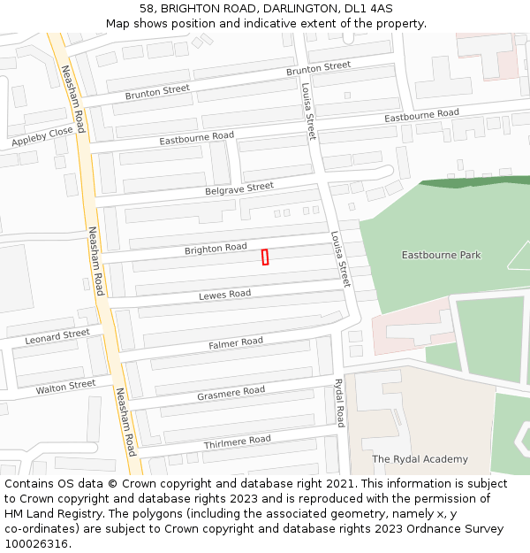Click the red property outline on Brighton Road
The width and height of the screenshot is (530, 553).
pos(265,257)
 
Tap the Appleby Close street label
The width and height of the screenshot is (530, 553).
pos(42,136)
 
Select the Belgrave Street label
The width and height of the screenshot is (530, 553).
pos(239,188)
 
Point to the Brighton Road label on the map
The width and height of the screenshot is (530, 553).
pos(216,249)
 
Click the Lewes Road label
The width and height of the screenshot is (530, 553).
pos(224,295)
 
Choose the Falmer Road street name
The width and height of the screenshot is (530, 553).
pos(236,342)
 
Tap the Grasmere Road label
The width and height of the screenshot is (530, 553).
pos(231,391)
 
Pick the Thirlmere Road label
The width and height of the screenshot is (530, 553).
pos(237,441)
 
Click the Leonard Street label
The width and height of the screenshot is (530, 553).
pos(57,336)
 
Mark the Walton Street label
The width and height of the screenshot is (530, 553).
pos(65,387)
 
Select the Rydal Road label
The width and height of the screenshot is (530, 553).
pos(339,403)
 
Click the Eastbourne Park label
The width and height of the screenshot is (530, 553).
pos(442,255)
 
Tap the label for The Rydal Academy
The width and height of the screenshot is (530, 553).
pos(420,459)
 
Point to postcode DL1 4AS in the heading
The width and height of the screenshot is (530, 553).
pos(368,9)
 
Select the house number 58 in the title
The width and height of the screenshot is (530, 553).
pos(147,9)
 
